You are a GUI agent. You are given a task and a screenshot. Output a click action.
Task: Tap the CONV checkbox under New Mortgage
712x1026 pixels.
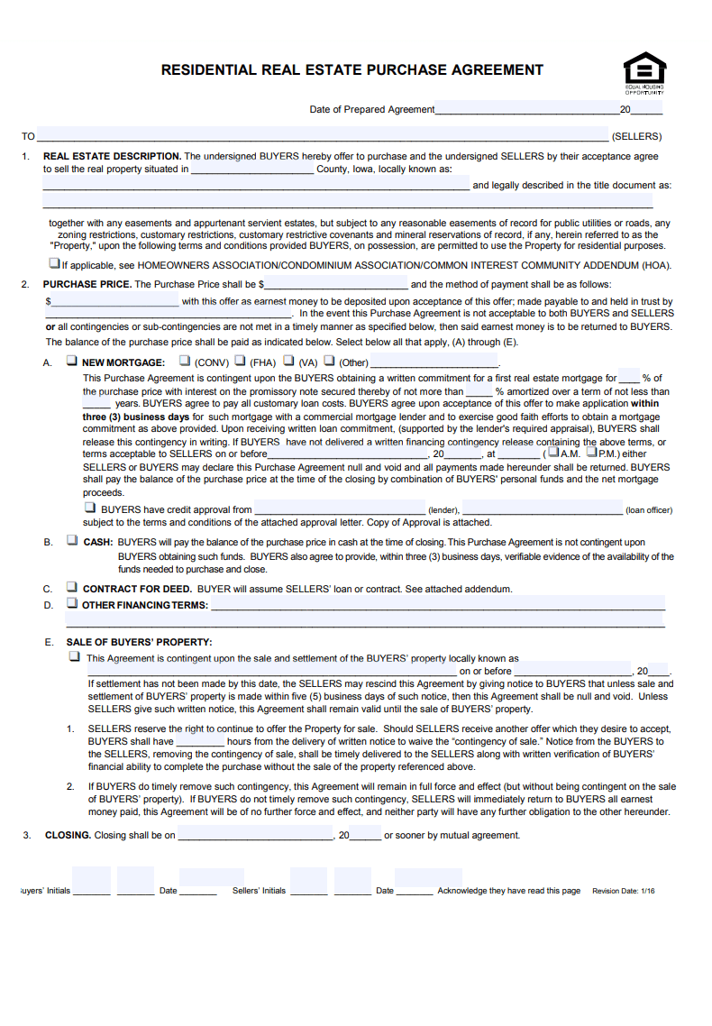pyautogui.click(x=185, y=361)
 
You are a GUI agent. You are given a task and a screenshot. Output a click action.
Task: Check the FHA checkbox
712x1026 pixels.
pyautogui.click(x=240, y=361)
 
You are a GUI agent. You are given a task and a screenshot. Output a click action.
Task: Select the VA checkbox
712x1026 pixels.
pyautogui.click(x=289, y=361)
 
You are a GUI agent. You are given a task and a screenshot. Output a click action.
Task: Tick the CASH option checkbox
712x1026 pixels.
pyautogui.click(x=72, y=541)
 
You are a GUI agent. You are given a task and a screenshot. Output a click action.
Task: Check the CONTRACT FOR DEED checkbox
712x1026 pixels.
pyautogui.click(x=72, y=588)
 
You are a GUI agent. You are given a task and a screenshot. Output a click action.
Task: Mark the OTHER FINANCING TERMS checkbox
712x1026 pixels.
pyautogui.click(x=72, y=603)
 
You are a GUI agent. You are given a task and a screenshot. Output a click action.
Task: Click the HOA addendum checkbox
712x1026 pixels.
pyautogui.click(x=55, y=264)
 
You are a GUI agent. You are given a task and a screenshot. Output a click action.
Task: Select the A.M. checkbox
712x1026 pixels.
pyautogui.click(x=553, y=453)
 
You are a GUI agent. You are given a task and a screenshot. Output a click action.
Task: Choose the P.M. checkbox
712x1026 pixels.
pyautogui.click(x=592, y=453)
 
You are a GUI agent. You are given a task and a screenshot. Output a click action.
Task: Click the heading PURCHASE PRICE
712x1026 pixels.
pyautogui.click(x=87, y=284)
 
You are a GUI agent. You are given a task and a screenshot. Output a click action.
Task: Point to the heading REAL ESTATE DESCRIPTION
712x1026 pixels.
pyautogui.click(x=112, y=156)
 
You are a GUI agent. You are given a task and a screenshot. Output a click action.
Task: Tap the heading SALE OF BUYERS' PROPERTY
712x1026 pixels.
pyautogui.click(x=139, y=642)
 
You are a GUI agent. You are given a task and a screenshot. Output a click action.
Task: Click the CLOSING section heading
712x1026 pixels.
pyautogui.click(x=68, y=835)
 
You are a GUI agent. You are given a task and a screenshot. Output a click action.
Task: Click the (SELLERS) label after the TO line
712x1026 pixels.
pyautogui.click(x=636, y=137)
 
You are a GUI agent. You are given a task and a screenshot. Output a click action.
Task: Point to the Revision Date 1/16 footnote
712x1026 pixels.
pyautogui.click(x=624, y=891)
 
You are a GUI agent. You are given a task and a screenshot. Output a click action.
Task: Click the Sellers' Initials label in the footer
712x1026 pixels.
pyautogui.click(x=259, y=891)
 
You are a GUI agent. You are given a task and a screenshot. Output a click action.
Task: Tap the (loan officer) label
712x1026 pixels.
pyautogui.click(x=649, y=510)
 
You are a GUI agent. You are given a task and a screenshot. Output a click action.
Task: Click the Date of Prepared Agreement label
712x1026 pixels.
pyautogui.click(x=371, y=110)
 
